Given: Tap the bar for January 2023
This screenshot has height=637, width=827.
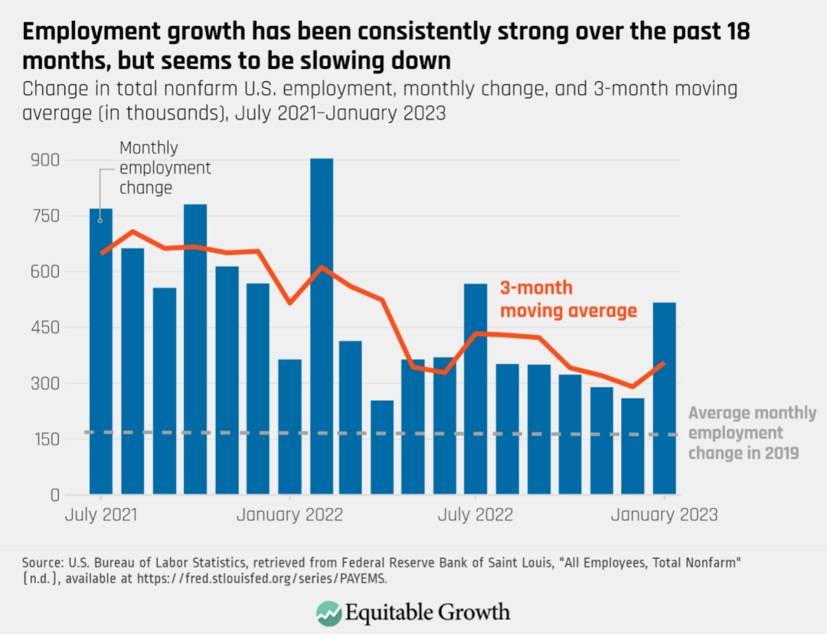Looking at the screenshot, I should point(664,399).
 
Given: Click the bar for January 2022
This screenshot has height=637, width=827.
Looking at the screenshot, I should point(289,426).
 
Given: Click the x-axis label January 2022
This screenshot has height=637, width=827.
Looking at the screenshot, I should point(289,514).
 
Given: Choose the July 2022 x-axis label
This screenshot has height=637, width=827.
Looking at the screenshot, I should point(475,514).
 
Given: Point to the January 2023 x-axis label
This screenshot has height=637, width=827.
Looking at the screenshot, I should point(664,514).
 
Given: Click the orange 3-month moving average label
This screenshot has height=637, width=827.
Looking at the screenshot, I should point(568,299).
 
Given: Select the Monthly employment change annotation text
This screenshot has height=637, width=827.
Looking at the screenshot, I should point(165,167).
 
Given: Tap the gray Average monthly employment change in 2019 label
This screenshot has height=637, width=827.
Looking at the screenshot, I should point(752,433).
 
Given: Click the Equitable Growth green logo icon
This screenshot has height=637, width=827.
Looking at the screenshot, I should point(329,612).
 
